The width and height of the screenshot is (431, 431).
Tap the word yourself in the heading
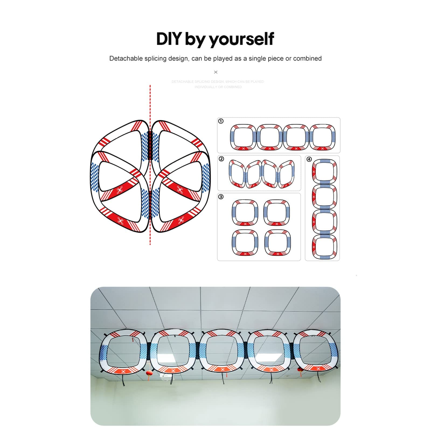click(x=241, y=39)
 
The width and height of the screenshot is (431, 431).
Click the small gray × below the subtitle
click(x=215, y=72)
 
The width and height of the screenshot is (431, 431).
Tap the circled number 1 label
click(x=221, y=121)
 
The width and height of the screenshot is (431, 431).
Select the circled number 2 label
click(x=221, y=159)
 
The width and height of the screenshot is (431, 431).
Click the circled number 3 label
click(x=221, y=197)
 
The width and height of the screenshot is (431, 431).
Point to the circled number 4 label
click(x=309, y=159)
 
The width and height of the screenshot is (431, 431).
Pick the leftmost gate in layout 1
click(x=243, y=137)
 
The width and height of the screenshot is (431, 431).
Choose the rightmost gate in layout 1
click(x=322, y=137)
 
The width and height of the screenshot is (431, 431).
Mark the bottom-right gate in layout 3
click(x=277, y=242)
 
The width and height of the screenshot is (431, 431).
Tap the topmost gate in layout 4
click(x=325, y=171)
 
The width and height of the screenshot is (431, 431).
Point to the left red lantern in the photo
click(x=149, y=373)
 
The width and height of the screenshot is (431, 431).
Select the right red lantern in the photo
click(x=300, y=370)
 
